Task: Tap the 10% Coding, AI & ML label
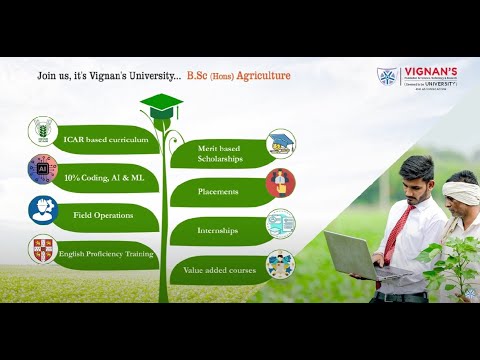tap(103, 176)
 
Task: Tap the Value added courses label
tap(219, 270)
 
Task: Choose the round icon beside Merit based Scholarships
tap(281, 144)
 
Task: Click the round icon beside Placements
tap(281, 183)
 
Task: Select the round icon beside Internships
tap(281, 223)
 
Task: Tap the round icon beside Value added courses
tap(281, 264)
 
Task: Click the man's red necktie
tap(394, 232)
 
